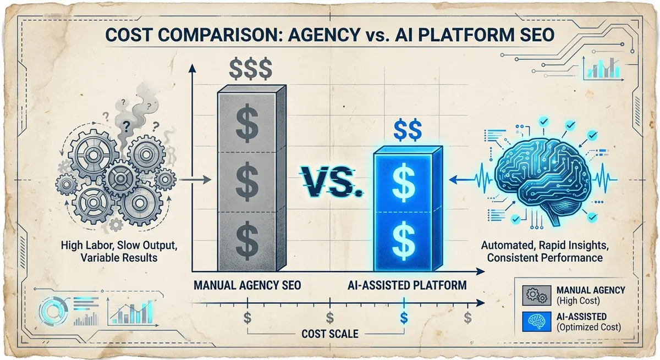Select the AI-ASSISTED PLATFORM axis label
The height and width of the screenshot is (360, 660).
[408, 286]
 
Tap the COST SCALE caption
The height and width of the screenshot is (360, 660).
[329, 334]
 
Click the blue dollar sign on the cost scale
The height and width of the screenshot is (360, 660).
[404, 317]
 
